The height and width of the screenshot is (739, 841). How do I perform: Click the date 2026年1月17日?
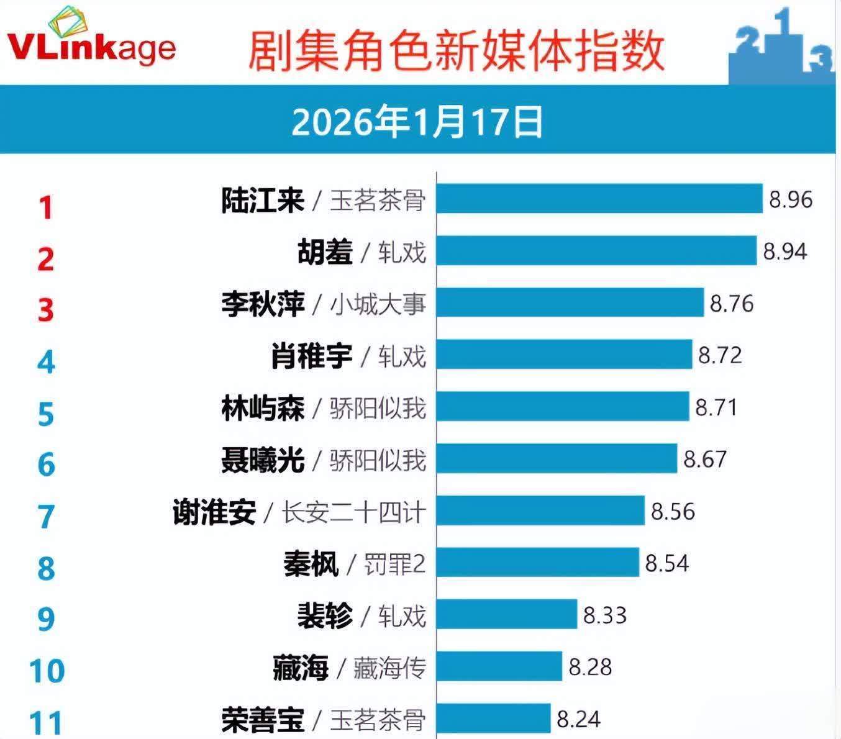417,121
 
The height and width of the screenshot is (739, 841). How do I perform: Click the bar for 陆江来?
599,199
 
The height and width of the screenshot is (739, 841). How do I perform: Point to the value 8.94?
785,251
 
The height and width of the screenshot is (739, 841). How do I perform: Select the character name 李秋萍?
263,304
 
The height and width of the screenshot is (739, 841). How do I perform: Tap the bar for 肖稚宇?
564,355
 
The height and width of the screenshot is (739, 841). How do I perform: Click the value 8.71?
717,407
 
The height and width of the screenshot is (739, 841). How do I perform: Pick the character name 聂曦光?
263,460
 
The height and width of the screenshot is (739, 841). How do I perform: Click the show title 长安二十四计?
354,513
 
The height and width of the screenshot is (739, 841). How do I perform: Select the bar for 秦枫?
537,563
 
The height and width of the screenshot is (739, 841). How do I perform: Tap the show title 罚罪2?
394,564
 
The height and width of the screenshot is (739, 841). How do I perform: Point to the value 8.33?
605,615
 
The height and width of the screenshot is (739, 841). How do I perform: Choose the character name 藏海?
300,668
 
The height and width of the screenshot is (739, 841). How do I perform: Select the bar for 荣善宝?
493,719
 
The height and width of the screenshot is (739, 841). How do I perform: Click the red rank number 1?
45,207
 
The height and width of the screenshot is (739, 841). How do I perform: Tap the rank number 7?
46,517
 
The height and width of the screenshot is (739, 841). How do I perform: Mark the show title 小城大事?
378,304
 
